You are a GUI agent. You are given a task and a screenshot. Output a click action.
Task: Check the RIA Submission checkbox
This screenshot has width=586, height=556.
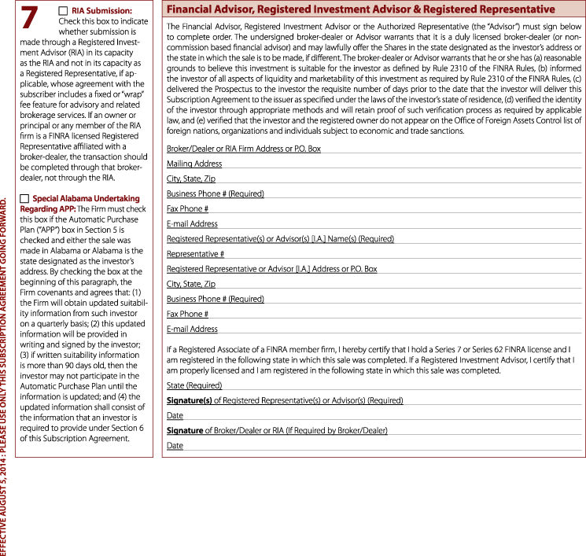point(64,9)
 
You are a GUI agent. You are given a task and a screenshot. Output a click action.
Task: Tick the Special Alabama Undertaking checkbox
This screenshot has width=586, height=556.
point(24,198)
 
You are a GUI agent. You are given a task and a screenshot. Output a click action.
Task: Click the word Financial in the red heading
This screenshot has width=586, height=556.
point(193,9)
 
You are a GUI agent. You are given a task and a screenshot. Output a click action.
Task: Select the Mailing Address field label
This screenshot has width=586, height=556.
point(194,164)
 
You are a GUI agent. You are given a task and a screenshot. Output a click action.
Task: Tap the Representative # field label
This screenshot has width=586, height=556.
point(195,254)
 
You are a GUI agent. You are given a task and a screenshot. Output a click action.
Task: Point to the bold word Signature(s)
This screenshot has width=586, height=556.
point(189,400)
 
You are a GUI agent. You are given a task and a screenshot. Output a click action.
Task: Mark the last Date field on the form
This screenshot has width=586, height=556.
point(175,446)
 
